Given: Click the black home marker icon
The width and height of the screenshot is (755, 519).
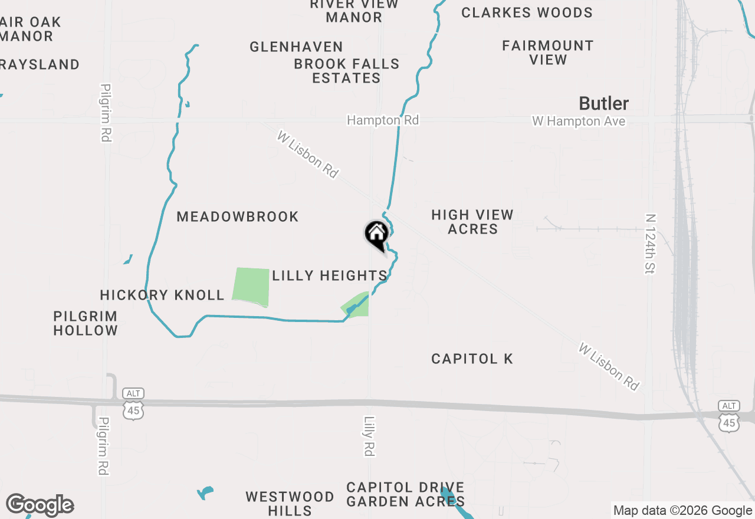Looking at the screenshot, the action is pos(376,235).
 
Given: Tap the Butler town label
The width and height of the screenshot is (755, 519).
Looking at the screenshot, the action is pos(603,104).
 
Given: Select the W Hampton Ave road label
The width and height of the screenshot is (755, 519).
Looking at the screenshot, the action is pos(578,121).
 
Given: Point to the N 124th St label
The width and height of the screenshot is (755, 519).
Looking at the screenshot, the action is pos(651,244).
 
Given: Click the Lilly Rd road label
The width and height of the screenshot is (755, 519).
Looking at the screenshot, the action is pos(369,436).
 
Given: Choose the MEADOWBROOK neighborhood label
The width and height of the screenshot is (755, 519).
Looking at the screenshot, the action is pos(238,216).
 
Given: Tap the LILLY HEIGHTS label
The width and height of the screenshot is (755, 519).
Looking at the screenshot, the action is pos(329,275).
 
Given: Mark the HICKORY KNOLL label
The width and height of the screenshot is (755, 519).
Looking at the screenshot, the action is pos(162,295).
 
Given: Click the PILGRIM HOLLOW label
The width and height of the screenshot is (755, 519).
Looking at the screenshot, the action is pos(86,323).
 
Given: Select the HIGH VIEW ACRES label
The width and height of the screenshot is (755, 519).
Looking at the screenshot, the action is pos(472,222).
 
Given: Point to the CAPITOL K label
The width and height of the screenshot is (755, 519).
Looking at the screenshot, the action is pos(472,359).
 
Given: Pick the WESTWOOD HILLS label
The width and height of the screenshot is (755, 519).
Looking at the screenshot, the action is pos(290,503).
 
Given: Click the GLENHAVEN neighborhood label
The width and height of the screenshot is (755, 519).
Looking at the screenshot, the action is pos(296,47).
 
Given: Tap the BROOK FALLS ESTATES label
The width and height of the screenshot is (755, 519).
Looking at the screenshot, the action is pos(347,71).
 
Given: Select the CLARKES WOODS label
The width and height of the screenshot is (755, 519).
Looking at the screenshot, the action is pos(527,12).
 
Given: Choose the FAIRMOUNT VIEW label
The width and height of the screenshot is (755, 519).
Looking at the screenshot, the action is pos(548,52).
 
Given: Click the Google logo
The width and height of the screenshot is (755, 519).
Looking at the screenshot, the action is pos(40,505).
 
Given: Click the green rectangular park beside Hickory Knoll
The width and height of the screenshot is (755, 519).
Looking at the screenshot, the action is pos(251,287).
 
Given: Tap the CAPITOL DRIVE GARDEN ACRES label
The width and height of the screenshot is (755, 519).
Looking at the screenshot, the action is pos(405,494).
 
